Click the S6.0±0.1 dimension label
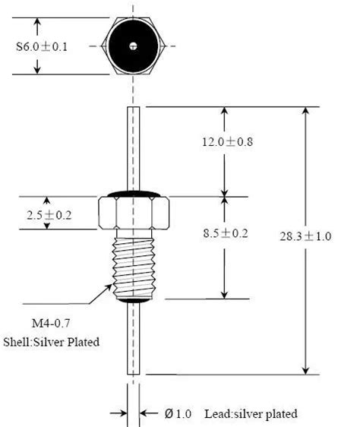(43, 46)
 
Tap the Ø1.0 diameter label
(178, 414)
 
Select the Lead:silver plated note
(251, 414)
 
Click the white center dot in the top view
(134, 46)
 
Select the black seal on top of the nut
(134, 195)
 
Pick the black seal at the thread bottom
(134, 302)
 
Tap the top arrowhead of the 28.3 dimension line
(306, 112)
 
